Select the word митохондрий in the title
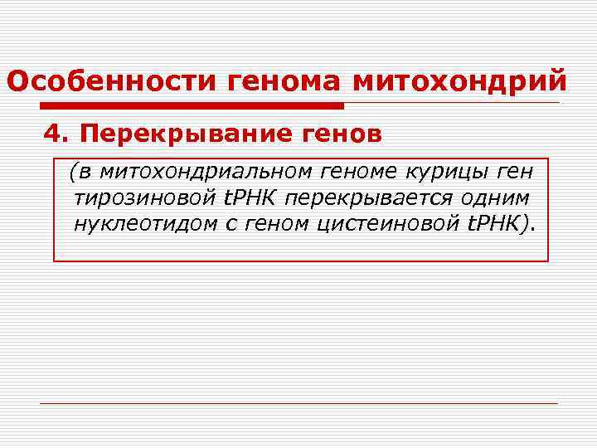click(x=461, y=82)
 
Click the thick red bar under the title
click(x=192, y=106)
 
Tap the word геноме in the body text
click(x=359, y=172)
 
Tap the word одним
click(x=499, y=198)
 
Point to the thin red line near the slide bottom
click(x=298, y=404)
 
